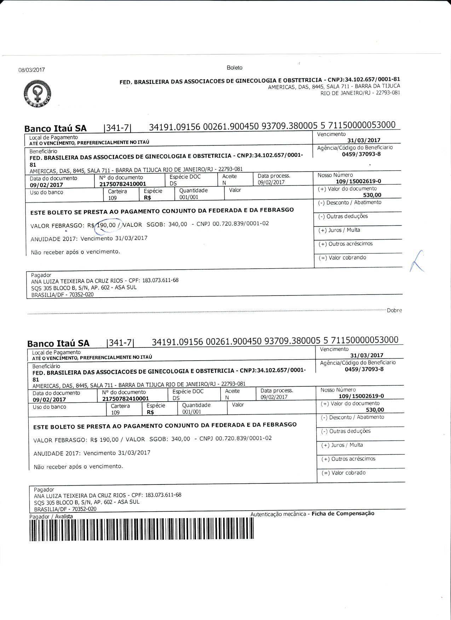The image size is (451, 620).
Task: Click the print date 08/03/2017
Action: point(31,70)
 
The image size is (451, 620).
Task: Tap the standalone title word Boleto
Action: point(235,67)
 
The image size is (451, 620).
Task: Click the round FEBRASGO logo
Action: point(37,94)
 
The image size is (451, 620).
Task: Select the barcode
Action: point(142,529)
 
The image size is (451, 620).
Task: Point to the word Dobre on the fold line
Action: point(394,310)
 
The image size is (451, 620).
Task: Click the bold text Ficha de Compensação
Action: point(343,513)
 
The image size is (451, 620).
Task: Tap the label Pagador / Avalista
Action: point(51,516)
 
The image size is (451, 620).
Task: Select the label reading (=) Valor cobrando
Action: point(342,258)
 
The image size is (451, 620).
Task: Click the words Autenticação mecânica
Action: point(278,514)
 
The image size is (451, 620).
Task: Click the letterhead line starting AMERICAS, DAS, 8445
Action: point(334,86)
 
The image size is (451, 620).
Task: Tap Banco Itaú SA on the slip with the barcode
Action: point(58,343)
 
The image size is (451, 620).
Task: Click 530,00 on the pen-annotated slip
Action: point(372,195)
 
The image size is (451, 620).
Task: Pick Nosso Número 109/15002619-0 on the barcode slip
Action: point(361,396)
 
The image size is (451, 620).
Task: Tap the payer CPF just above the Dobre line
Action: point(160,280)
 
